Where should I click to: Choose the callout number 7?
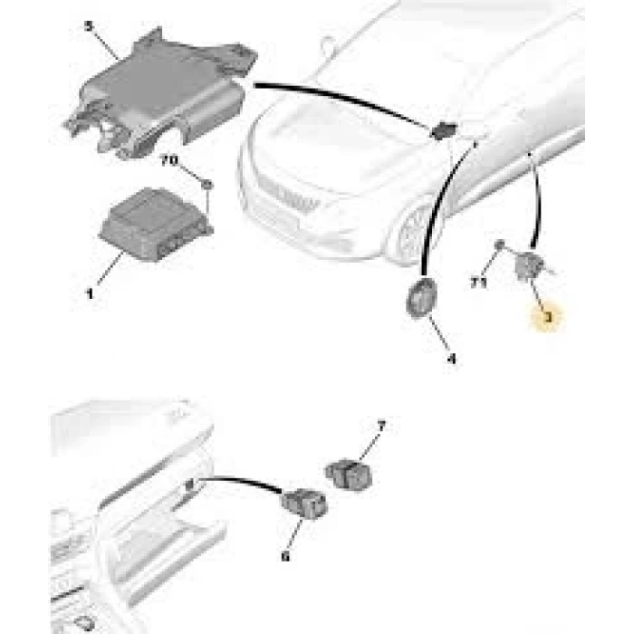[x=380, y=425]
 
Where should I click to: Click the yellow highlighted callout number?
[x=546, y=318]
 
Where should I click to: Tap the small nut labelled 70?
[x=208, y=185]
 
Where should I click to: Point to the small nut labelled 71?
[x=499, y=245]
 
